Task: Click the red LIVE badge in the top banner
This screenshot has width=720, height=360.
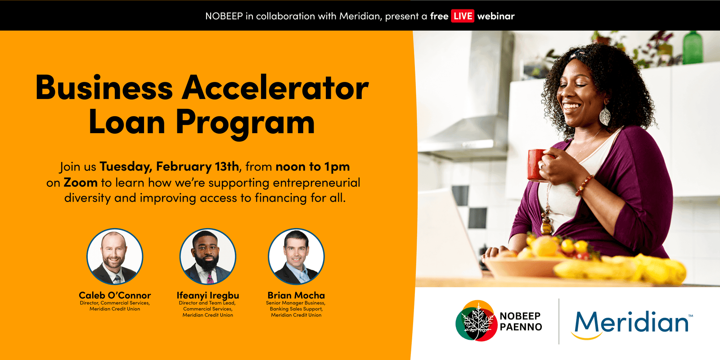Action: [462, 16]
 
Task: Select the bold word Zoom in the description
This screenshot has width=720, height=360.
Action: [81, 183]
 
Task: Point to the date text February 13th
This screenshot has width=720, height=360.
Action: [198, 166]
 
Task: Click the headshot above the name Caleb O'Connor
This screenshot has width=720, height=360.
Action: [115, 256]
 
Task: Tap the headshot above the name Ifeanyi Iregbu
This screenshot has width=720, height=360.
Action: [207, 256]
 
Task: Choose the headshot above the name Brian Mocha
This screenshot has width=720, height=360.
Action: [296, 256]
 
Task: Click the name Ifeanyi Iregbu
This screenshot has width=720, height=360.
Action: [207, 295]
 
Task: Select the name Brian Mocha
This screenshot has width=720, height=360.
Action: [296, 295]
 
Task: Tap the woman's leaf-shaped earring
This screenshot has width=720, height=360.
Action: [605, 115]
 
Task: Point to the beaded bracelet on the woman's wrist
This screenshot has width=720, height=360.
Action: [585, 185]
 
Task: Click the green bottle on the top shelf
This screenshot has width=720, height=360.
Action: [693, 48]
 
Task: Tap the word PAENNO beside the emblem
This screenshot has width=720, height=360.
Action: [521, 327]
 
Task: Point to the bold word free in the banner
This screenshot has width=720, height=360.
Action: [439, 16]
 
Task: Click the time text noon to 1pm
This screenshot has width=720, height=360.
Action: [313, 167]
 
